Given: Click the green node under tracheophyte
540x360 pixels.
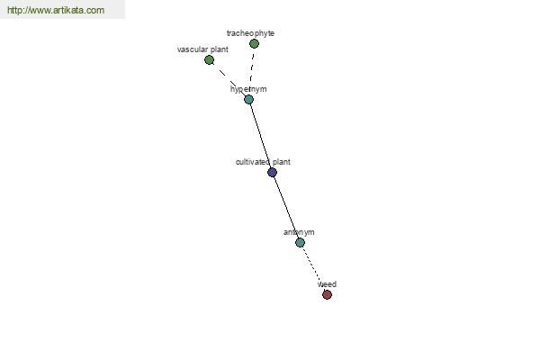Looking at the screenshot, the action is [x=254, y=44].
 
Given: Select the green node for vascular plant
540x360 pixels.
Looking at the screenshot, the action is [x=209, y=60].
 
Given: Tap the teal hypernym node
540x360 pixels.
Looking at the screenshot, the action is [x=248, y=100].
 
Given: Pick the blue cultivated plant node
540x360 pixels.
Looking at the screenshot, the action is [x=272, y=172].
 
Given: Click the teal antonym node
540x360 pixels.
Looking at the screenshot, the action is [x=300, y=242].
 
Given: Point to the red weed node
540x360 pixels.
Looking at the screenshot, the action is [x=327, y=295].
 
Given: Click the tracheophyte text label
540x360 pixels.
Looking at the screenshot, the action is [x=251, y=33].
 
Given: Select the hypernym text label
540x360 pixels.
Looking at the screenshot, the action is [x=248, y=89].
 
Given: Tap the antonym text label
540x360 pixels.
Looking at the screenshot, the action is [x=299, y=232].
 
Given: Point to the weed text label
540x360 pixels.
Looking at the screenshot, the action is [x=327, y=284].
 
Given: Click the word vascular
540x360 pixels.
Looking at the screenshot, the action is [x=192, y=49].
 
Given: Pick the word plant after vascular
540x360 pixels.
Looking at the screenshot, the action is [x=219, y=50].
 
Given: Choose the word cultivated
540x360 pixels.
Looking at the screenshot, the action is [x=253, y=162].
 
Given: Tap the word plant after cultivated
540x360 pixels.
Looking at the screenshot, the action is [x=282, y=162].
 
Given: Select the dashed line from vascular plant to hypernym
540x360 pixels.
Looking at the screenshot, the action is [x=229, y=79].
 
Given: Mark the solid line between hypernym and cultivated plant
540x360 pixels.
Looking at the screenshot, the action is [x=260, y=136].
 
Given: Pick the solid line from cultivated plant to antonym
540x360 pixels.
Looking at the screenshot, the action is [x=286, y=207].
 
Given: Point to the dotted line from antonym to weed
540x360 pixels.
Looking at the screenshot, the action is [x=313, y=269].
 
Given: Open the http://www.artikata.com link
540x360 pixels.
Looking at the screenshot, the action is [x=56, y=10].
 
